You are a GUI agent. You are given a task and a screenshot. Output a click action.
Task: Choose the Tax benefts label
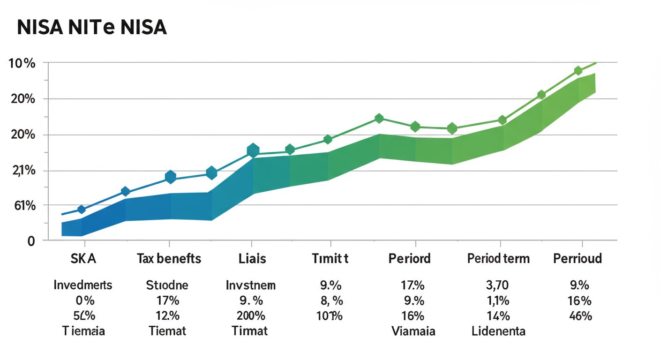(169, 259)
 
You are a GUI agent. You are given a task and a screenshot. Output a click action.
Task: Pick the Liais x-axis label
(252, 259)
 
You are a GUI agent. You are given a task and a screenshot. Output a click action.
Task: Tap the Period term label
(498, 259)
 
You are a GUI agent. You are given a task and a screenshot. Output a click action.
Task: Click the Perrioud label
(577, 259)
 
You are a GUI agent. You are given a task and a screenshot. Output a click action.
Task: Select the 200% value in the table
(251, 316)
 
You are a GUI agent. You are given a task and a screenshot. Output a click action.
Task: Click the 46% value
(580, 316)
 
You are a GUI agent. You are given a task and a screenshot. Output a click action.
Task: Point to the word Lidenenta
(498, 331)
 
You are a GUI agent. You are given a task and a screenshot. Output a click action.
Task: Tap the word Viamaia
(413, 331)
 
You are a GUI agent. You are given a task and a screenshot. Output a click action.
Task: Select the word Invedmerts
(83, 285)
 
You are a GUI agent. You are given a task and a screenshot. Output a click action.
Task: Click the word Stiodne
(167, 285)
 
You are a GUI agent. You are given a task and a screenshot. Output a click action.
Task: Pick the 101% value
(330, 316)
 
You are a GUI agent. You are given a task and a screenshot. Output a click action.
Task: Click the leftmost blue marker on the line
(82, 210)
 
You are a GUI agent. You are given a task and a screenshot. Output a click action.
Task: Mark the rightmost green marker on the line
(578, 71)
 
